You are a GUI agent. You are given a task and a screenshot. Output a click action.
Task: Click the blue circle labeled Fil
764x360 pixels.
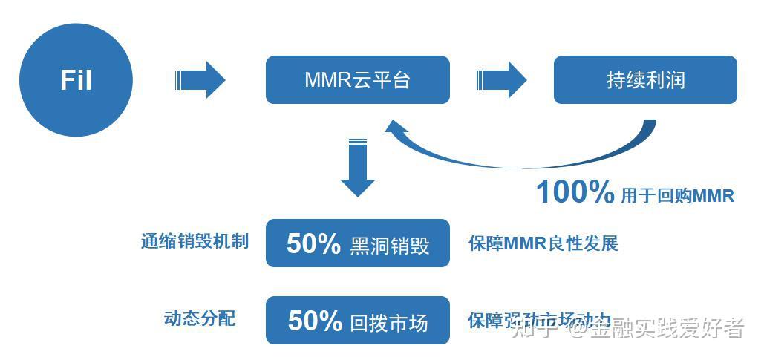tap(76, 80)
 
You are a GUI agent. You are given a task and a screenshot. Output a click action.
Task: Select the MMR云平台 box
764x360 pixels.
tap(357, 80)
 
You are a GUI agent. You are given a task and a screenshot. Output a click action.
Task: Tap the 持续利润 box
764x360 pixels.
tap(644, 80)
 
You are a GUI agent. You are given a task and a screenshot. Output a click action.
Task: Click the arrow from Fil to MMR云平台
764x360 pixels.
tap(200, 80)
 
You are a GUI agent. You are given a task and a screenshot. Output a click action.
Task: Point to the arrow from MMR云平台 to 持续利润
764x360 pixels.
tap(501, 80)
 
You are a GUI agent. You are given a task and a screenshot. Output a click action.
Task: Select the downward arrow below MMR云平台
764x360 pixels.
tap(358, 167)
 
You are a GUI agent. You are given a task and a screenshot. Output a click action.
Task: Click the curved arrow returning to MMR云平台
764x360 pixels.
tap(520, 156)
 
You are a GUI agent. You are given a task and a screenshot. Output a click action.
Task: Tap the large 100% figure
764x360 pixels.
tap(575, 193)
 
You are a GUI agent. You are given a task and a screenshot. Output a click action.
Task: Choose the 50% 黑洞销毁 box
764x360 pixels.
tap(357, 243)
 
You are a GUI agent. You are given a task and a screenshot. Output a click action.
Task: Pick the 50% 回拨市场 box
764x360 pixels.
tap(357, 321)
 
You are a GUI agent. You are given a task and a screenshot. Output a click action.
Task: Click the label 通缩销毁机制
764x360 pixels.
tap(195, 242)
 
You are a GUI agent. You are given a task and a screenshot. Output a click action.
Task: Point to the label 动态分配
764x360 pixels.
tap(199, 318)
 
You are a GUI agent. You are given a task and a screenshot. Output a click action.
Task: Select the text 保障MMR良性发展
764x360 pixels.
tap(543, 243)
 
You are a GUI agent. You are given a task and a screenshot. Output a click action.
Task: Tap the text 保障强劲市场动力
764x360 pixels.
tap(539, 321)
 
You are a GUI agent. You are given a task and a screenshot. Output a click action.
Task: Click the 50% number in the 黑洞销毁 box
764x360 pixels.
tap(313, 243)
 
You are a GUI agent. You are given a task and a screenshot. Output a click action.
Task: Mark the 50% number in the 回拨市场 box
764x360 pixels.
tap(315, 321)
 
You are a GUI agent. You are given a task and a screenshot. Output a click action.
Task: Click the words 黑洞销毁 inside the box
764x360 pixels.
tap(389, 245)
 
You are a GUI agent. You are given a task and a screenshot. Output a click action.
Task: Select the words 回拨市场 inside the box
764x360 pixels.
tap(389, 322)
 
